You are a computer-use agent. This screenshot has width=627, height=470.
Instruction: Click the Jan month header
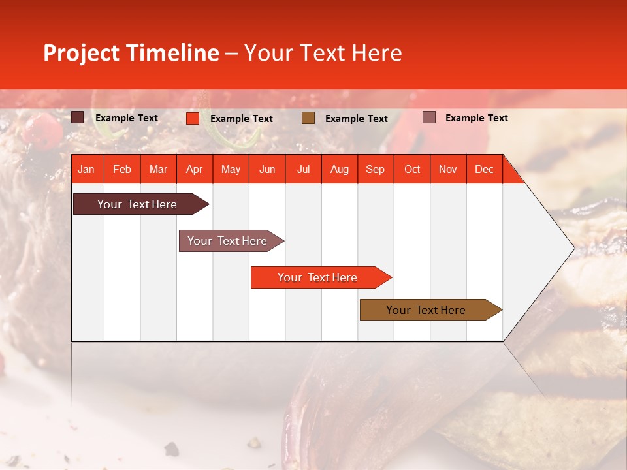click(86, 169)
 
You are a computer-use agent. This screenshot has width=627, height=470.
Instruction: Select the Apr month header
click(194, 169)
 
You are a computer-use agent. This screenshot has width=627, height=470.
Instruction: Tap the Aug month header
click(339, 169)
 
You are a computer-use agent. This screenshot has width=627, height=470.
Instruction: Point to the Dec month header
click(484, 169)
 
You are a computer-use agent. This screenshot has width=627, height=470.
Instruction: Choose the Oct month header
click(412, 169)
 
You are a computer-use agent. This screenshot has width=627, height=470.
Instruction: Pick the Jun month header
click(267, 169)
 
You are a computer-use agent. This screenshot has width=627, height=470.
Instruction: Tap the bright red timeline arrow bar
click(318, 277)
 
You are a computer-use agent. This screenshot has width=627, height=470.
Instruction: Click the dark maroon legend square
click(78, 117)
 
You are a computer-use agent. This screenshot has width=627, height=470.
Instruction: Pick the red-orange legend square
click(193, 118)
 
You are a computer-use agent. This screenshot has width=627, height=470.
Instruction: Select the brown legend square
click(308, 118)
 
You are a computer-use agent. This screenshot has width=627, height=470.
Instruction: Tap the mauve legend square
click(429, 117)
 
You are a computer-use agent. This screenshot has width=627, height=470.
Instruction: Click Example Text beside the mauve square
click(476, 117)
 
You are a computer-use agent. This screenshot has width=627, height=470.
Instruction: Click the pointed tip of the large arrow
click(573, 248)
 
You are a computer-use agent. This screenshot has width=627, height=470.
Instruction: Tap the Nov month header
click(448, 169)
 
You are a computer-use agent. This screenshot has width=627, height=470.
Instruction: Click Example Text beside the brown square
click(356, 118)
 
